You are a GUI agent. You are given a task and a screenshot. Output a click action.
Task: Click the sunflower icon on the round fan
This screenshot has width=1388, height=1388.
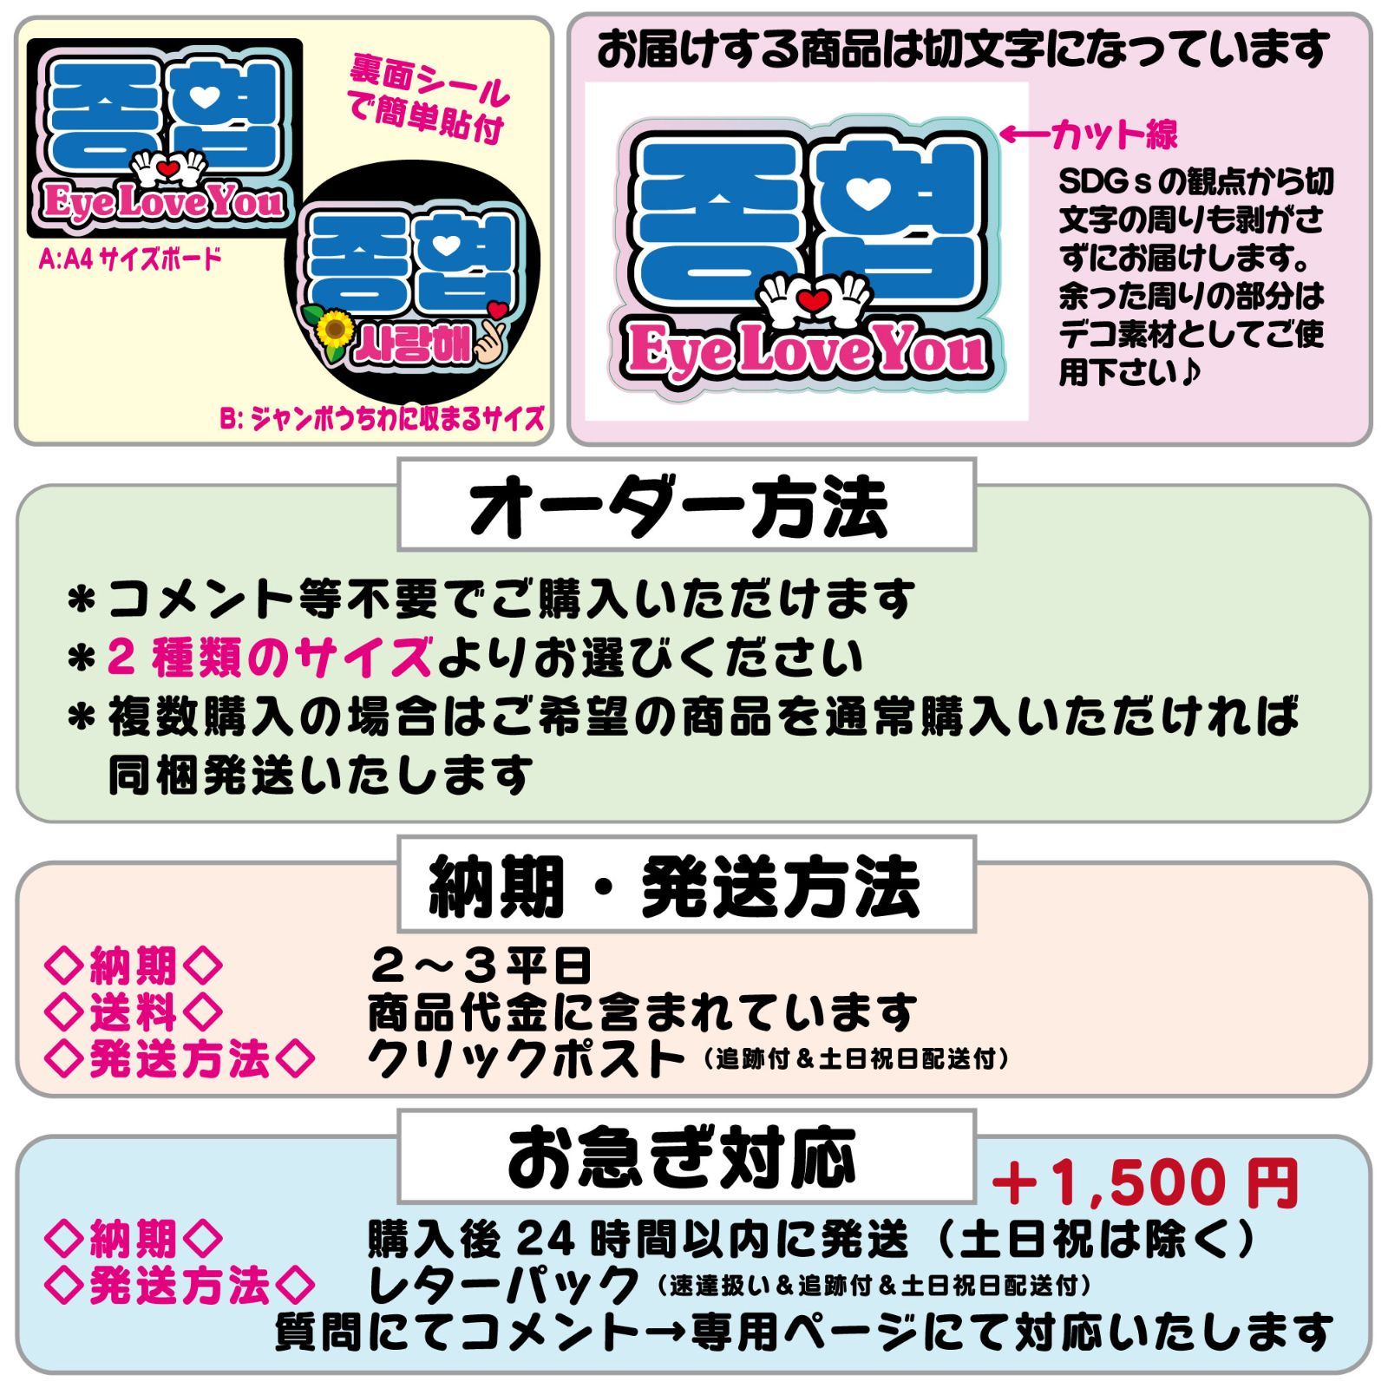(x=335, y=331)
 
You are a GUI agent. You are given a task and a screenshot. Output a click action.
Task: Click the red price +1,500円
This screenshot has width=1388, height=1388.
(x=1145, y=1183)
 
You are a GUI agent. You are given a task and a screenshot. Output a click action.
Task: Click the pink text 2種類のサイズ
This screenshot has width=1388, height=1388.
(x=270, y=658)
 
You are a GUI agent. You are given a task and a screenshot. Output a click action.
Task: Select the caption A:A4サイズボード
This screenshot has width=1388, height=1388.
(x=130, y=259)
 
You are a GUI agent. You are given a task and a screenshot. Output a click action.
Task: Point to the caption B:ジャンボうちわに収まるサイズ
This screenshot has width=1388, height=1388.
(x=382, y=421)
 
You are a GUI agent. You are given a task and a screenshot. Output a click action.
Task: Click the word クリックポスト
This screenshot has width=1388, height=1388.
(x=525, y=1058)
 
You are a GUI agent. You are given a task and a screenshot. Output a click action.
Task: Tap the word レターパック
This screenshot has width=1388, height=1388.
(x=503, y=1285)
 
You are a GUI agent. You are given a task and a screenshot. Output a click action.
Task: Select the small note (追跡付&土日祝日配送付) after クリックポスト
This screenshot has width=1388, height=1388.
(x=854, y=1060)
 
